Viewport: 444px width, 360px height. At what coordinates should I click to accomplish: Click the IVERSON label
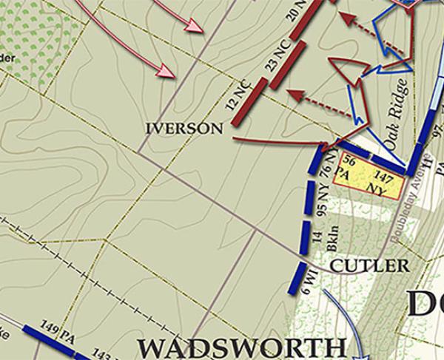pos(184,129)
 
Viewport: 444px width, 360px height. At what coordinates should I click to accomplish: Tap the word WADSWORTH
pos(242,347)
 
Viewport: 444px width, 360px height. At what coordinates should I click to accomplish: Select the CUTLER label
pos(369,265)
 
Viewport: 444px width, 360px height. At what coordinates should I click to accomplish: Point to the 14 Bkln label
pos(319,242)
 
